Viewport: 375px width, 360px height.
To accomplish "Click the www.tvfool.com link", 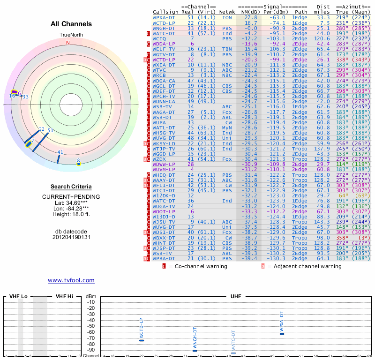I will pyautogui.click(x=71, y=280).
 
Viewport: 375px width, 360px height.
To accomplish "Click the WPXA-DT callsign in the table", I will pyautogui.click(x=164, y=17).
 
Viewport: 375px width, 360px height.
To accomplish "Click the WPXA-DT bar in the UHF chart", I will pyautogui.click(x=282, y=333).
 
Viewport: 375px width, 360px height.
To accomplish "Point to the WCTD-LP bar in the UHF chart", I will pyautogui.click(x=142, y=340).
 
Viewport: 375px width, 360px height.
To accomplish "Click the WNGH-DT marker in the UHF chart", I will pyautogui.click(x=195, y=351).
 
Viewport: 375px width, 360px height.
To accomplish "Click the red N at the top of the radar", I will pyautogui.click(x=68, y=43).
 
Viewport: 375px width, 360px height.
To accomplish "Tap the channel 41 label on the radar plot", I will pyautogui.click(x=60, y=152).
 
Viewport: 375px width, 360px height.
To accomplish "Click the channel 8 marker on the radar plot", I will pyautogui.click(x=79, y=164).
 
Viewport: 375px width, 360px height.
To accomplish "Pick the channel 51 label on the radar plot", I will pyautogui.click(x=51, y=131).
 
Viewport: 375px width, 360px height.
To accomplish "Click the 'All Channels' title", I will pyautogui.click(x=71, y=24).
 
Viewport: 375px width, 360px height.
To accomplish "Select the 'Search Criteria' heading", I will pyautogui.click(x=71, y=187).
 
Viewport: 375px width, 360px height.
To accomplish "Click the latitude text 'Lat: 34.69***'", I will pyautogui.click(x=71, y=202).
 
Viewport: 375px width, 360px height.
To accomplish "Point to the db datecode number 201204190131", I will pyautogui.click(x=71, y=237).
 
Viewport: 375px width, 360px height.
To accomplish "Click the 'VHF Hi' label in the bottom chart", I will pyautogui.click(x=64, y=296).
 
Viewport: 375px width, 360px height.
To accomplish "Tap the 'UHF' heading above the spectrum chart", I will pyautogui.click(x=236, y=296).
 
